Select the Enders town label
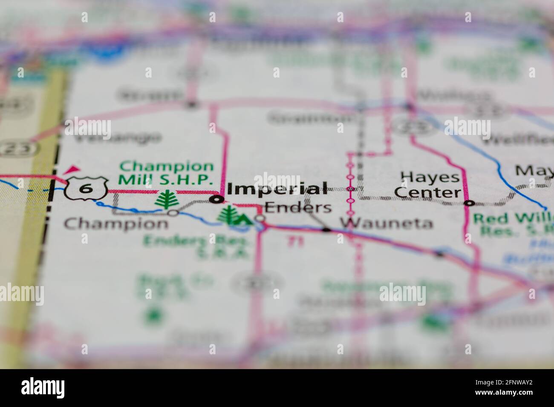298,207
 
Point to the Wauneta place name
386,223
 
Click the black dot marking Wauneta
326,230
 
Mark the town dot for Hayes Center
468,203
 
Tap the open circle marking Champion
173,213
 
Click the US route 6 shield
85,188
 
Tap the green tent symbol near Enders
242,220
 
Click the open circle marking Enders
260,219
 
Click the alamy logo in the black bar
43,387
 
